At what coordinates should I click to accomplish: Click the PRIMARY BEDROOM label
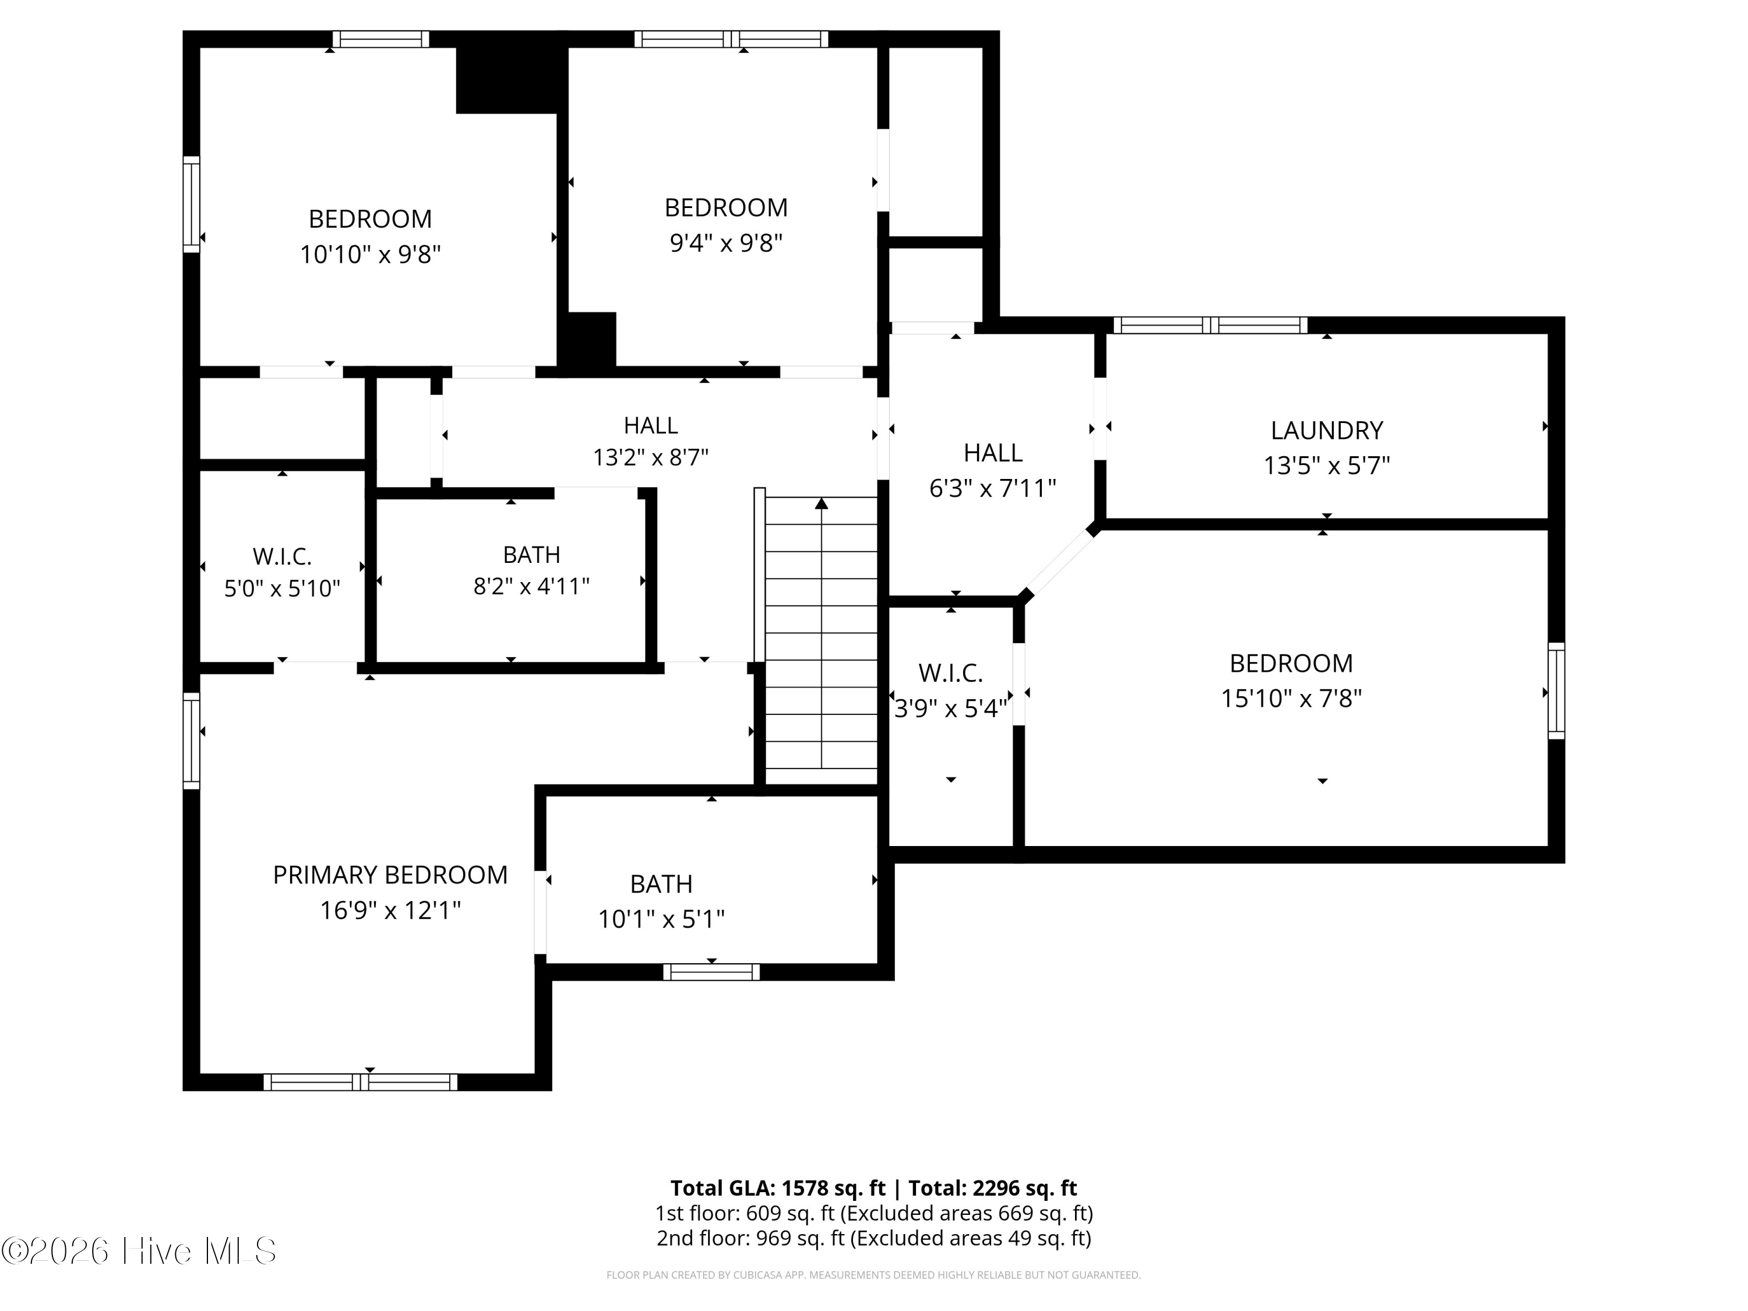pyautogui.click(x=390, y=875)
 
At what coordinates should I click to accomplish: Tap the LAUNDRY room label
pyautogui.click(x=1326, y=431)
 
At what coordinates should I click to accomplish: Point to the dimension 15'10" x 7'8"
pyautogui.click(x=1291, y=699)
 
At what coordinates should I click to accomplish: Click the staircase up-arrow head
pyautogui.click(x=821, y=503)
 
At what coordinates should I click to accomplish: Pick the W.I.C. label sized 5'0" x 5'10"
pyautogui.click(x=282, y=556)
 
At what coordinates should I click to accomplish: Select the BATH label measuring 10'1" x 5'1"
pyautogui.click(x=661, y=883)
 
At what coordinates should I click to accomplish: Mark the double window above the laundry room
pyautogui.click(x=1210, y=325)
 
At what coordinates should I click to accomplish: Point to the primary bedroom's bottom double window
pyautogui.click(x=360, y=1082)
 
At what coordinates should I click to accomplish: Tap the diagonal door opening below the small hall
pyautogui.click(x=1059, y=563)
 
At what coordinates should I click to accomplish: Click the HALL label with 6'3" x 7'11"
pyautogui.click(x=992, y=453)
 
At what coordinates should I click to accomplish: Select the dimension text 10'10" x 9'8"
pyautogui.click(x=370, y=255)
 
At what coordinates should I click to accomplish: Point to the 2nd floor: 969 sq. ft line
pyautogui.click(x=873, y=1238)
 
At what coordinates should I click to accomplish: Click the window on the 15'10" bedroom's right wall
pyautogui.click(x=1555, y=690)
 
